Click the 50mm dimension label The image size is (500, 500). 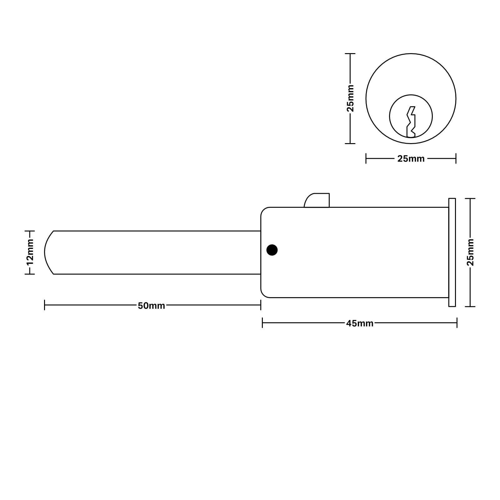click(151, 306)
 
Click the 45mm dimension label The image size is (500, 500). click(360, 323)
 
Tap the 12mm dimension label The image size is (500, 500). click(30, 252)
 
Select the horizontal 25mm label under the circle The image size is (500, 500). click(411, 159)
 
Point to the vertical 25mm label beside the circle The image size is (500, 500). click(350, 98)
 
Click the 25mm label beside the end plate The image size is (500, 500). click(470, 252)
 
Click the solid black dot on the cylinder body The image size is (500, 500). click(272, 250)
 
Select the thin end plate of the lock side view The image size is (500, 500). click(452, 252)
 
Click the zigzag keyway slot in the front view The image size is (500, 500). click(411, 122)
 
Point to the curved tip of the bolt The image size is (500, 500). click(47, 252)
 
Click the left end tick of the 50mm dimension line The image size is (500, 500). click(45, 305)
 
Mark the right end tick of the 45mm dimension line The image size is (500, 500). click(457, 323)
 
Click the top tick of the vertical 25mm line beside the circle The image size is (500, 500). click(350, 54)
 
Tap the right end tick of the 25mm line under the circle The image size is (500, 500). click(456, 158)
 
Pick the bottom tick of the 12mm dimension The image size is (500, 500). click(30, 274)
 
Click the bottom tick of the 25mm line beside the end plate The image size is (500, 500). click(470, 307)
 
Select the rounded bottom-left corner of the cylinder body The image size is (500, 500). click(264, 294)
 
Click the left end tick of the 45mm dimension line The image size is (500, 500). click(262, 323)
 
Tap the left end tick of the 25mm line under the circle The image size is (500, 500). click(366, 158)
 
